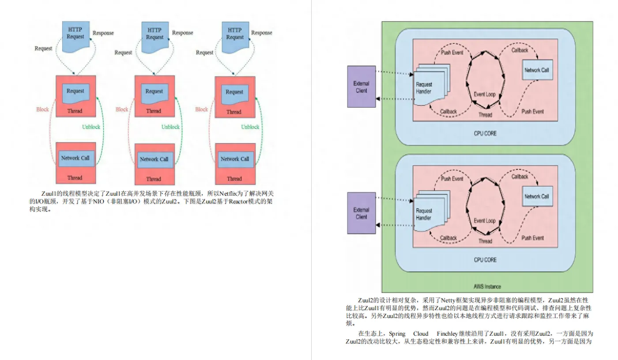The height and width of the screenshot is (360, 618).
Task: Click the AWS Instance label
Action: click(487, 286)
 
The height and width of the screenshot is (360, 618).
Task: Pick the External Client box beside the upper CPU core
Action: click(361, 87)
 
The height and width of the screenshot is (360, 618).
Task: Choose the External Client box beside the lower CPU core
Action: click(361, 213)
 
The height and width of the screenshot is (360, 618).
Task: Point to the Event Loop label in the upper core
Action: click(485, 95)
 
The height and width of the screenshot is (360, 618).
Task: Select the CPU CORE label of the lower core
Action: click(485, 260)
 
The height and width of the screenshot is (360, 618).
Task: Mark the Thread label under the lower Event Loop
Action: click(485, 241)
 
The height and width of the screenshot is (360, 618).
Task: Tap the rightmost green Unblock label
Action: click(250, 127)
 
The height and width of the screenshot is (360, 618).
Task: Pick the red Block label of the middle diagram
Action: click(122, 110)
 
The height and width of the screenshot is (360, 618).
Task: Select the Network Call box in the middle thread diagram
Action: click(154, 159)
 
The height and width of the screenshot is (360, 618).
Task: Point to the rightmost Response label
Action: click(262, 33)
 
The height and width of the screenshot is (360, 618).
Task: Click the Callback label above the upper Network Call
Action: click(520, 50)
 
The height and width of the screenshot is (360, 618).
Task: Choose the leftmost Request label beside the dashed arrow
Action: click(43, 48)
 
